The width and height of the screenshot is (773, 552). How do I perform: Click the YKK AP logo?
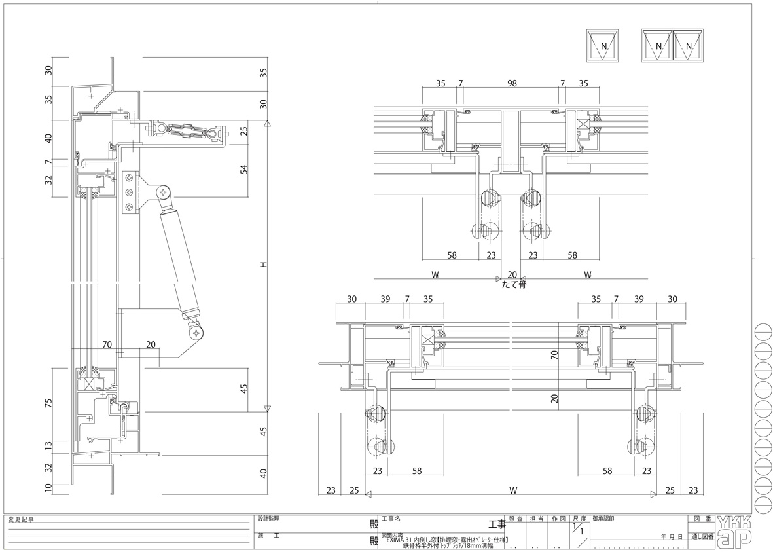(x=734, y=530)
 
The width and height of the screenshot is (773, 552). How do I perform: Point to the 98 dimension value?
(x=512, y=84)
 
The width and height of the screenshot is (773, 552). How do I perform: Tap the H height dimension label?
(x=262, y=265)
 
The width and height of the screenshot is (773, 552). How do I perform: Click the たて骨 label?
(x=514, y=284)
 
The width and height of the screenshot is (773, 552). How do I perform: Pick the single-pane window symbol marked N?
(x=602, y=46)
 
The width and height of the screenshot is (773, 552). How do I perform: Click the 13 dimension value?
(x=48, y=446)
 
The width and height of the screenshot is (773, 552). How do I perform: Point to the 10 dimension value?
(x=48, y=487)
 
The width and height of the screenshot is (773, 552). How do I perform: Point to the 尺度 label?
(x=579, y=519)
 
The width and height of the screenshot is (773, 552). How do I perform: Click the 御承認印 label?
(x=603, y=519)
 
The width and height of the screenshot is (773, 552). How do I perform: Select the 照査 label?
(x=516, y=519)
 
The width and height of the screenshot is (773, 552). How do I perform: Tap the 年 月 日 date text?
(x=673, y=536)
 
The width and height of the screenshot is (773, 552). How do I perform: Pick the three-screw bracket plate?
(x=130, y=193)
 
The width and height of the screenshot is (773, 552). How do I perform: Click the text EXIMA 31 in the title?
(x=400, y=539)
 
